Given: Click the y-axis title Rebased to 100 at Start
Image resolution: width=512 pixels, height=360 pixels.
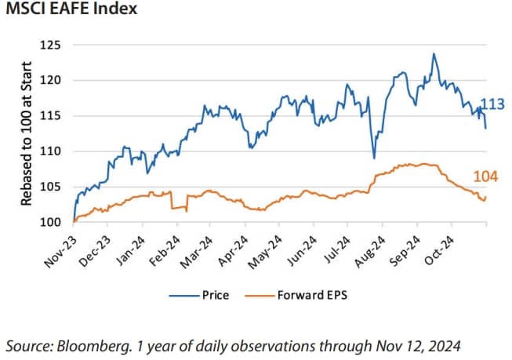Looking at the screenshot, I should (26, 134).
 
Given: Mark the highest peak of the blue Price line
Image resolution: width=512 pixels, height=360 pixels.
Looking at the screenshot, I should (434, 54).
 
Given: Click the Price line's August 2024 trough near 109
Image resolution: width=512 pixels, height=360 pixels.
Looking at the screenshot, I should (375, 158).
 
